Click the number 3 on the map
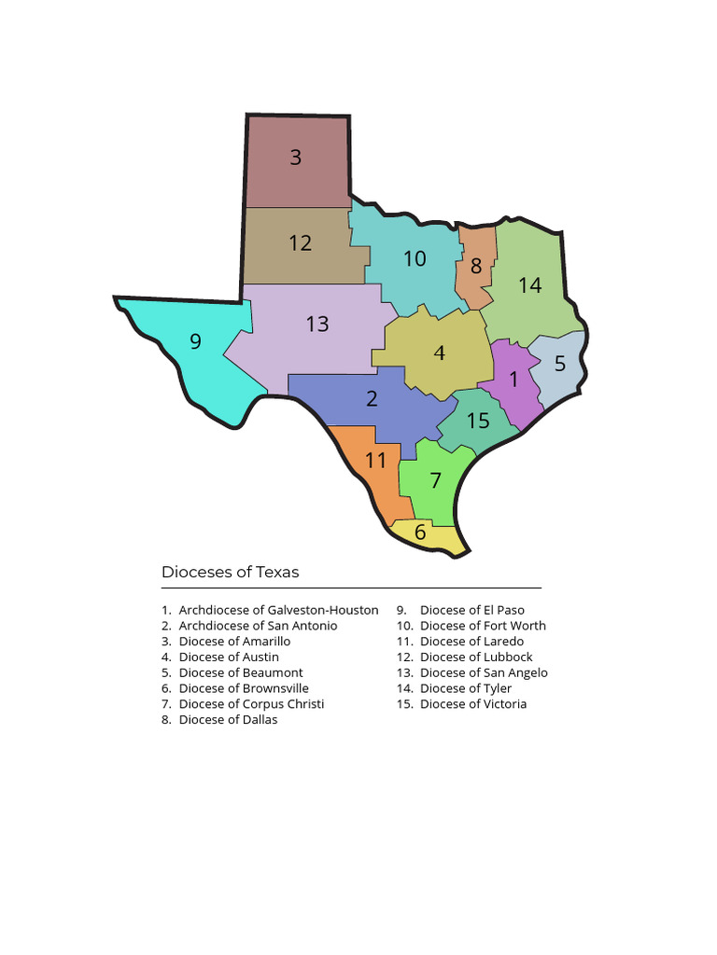pyautogui.click(x=296, y=158)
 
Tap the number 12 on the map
pyautogui.click(x=300, y=243)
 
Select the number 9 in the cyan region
pyautogui.click(x=195, y=341)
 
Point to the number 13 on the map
pyautogui.click(x=317, y=324)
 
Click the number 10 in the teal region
pyautogui.click(x=415, y=258)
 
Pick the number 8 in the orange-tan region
pyautogui.click(x=476, y=266)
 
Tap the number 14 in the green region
pyautogui.click(x=530, y=285)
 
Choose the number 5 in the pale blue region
pyautogui.click(x=560, y=364)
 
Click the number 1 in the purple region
pyautogui.click(x=513, y=381)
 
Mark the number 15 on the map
pyautogui.click(x=478, y=421)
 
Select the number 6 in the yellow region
pyautogui.click(x=420, y=533)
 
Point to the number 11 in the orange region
pyautogui.click(x=375, y=461)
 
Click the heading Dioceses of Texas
pyautogui.click(x=231, y=572)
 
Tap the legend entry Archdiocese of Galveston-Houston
pyautogui.click(x=278, y=610)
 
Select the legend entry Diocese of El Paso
pyautogui.click(x=471, y=610)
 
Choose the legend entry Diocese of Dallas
pyautogui.click(x=228, y=720)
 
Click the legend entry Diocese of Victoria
pyautogui.click(x=472, y=704)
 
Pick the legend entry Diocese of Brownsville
pyautogui.click(x=244, y=688)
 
